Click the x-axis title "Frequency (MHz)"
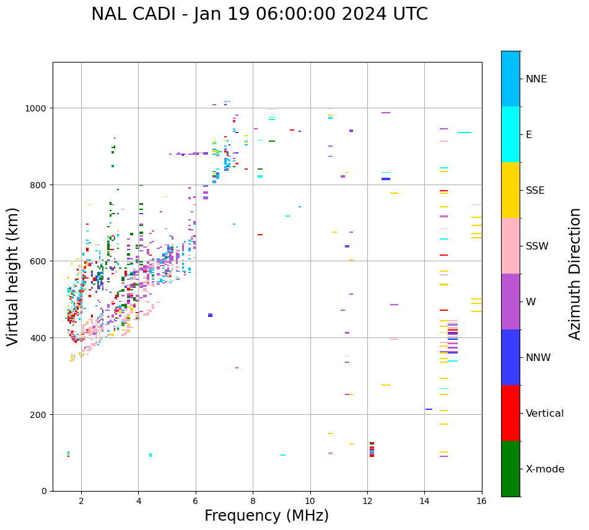266,516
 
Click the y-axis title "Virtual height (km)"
13,276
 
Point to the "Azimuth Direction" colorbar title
575,274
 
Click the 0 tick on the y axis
45,491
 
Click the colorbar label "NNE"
536,79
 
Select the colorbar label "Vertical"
544,414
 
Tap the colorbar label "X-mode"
545,469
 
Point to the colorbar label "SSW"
537,246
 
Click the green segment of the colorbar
510,469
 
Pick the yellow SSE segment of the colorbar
510,190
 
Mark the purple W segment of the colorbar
510,302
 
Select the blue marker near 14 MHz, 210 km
429,409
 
